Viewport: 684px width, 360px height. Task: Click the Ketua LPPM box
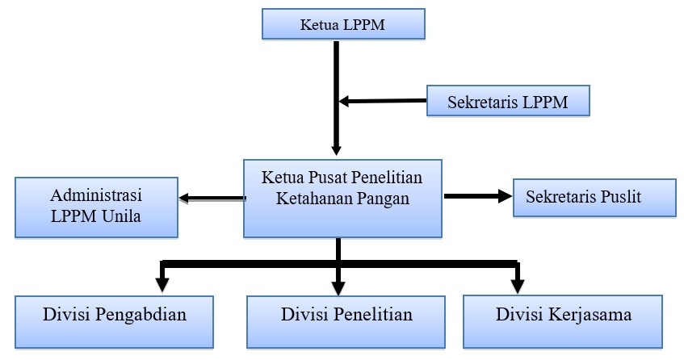coord(343,24)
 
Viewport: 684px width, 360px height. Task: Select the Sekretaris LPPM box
coord(508,101)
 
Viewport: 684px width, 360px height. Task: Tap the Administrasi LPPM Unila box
coord(96,207)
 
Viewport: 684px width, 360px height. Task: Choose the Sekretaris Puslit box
coord(594,198)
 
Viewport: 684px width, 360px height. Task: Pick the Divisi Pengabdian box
coord(115,322)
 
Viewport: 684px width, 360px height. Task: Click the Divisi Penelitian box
coord(346,322)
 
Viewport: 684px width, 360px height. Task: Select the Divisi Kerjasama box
coord(563,322)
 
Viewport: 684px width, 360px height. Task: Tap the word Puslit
coord(621,197)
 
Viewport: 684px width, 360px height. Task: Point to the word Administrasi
coord(96,195)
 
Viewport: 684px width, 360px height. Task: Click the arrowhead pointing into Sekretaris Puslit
coord(506,196)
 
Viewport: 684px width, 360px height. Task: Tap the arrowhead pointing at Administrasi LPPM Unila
coord(183,199)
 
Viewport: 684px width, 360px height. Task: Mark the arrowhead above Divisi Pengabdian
coord(162,285)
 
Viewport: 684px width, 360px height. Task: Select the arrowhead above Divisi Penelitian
coord(338,288)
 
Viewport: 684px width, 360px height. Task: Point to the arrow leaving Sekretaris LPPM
coord(383,101)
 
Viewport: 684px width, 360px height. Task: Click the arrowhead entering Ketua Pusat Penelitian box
coord(336,150)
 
